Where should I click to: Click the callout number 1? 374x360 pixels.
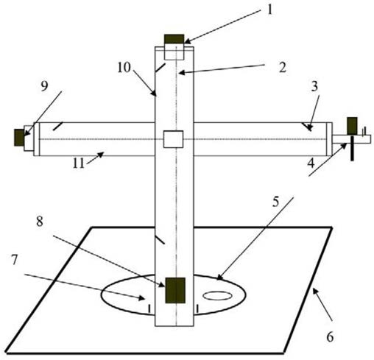pyautogui.click(x=269, y=10)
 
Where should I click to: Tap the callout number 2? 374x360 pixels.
pyautogui.click(x=283, y=68)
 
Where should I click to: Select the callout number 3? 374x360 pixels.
pyautogui.click(x=314, y=86)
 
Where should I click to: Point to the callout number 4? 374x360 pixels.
pyautogui.click(x=311, y=163)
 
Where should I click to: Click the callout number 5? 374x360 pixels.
pyautogui.click(x=276, y=202)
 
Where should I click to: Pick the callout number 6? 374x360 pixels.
pyautogui.click(x=330, y=336)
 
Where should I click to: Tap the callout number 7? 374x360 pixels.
pyautogui.click(x=15, y=260)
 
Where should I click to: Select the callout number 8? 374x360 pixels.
pyautogui.click(x=40, y=222)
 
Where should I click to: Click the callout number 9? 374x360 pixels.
pyautogui.click(x=44, y=86)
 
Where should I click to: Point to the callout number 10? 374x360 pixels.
pyautogui.click(x=124, y=68)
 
